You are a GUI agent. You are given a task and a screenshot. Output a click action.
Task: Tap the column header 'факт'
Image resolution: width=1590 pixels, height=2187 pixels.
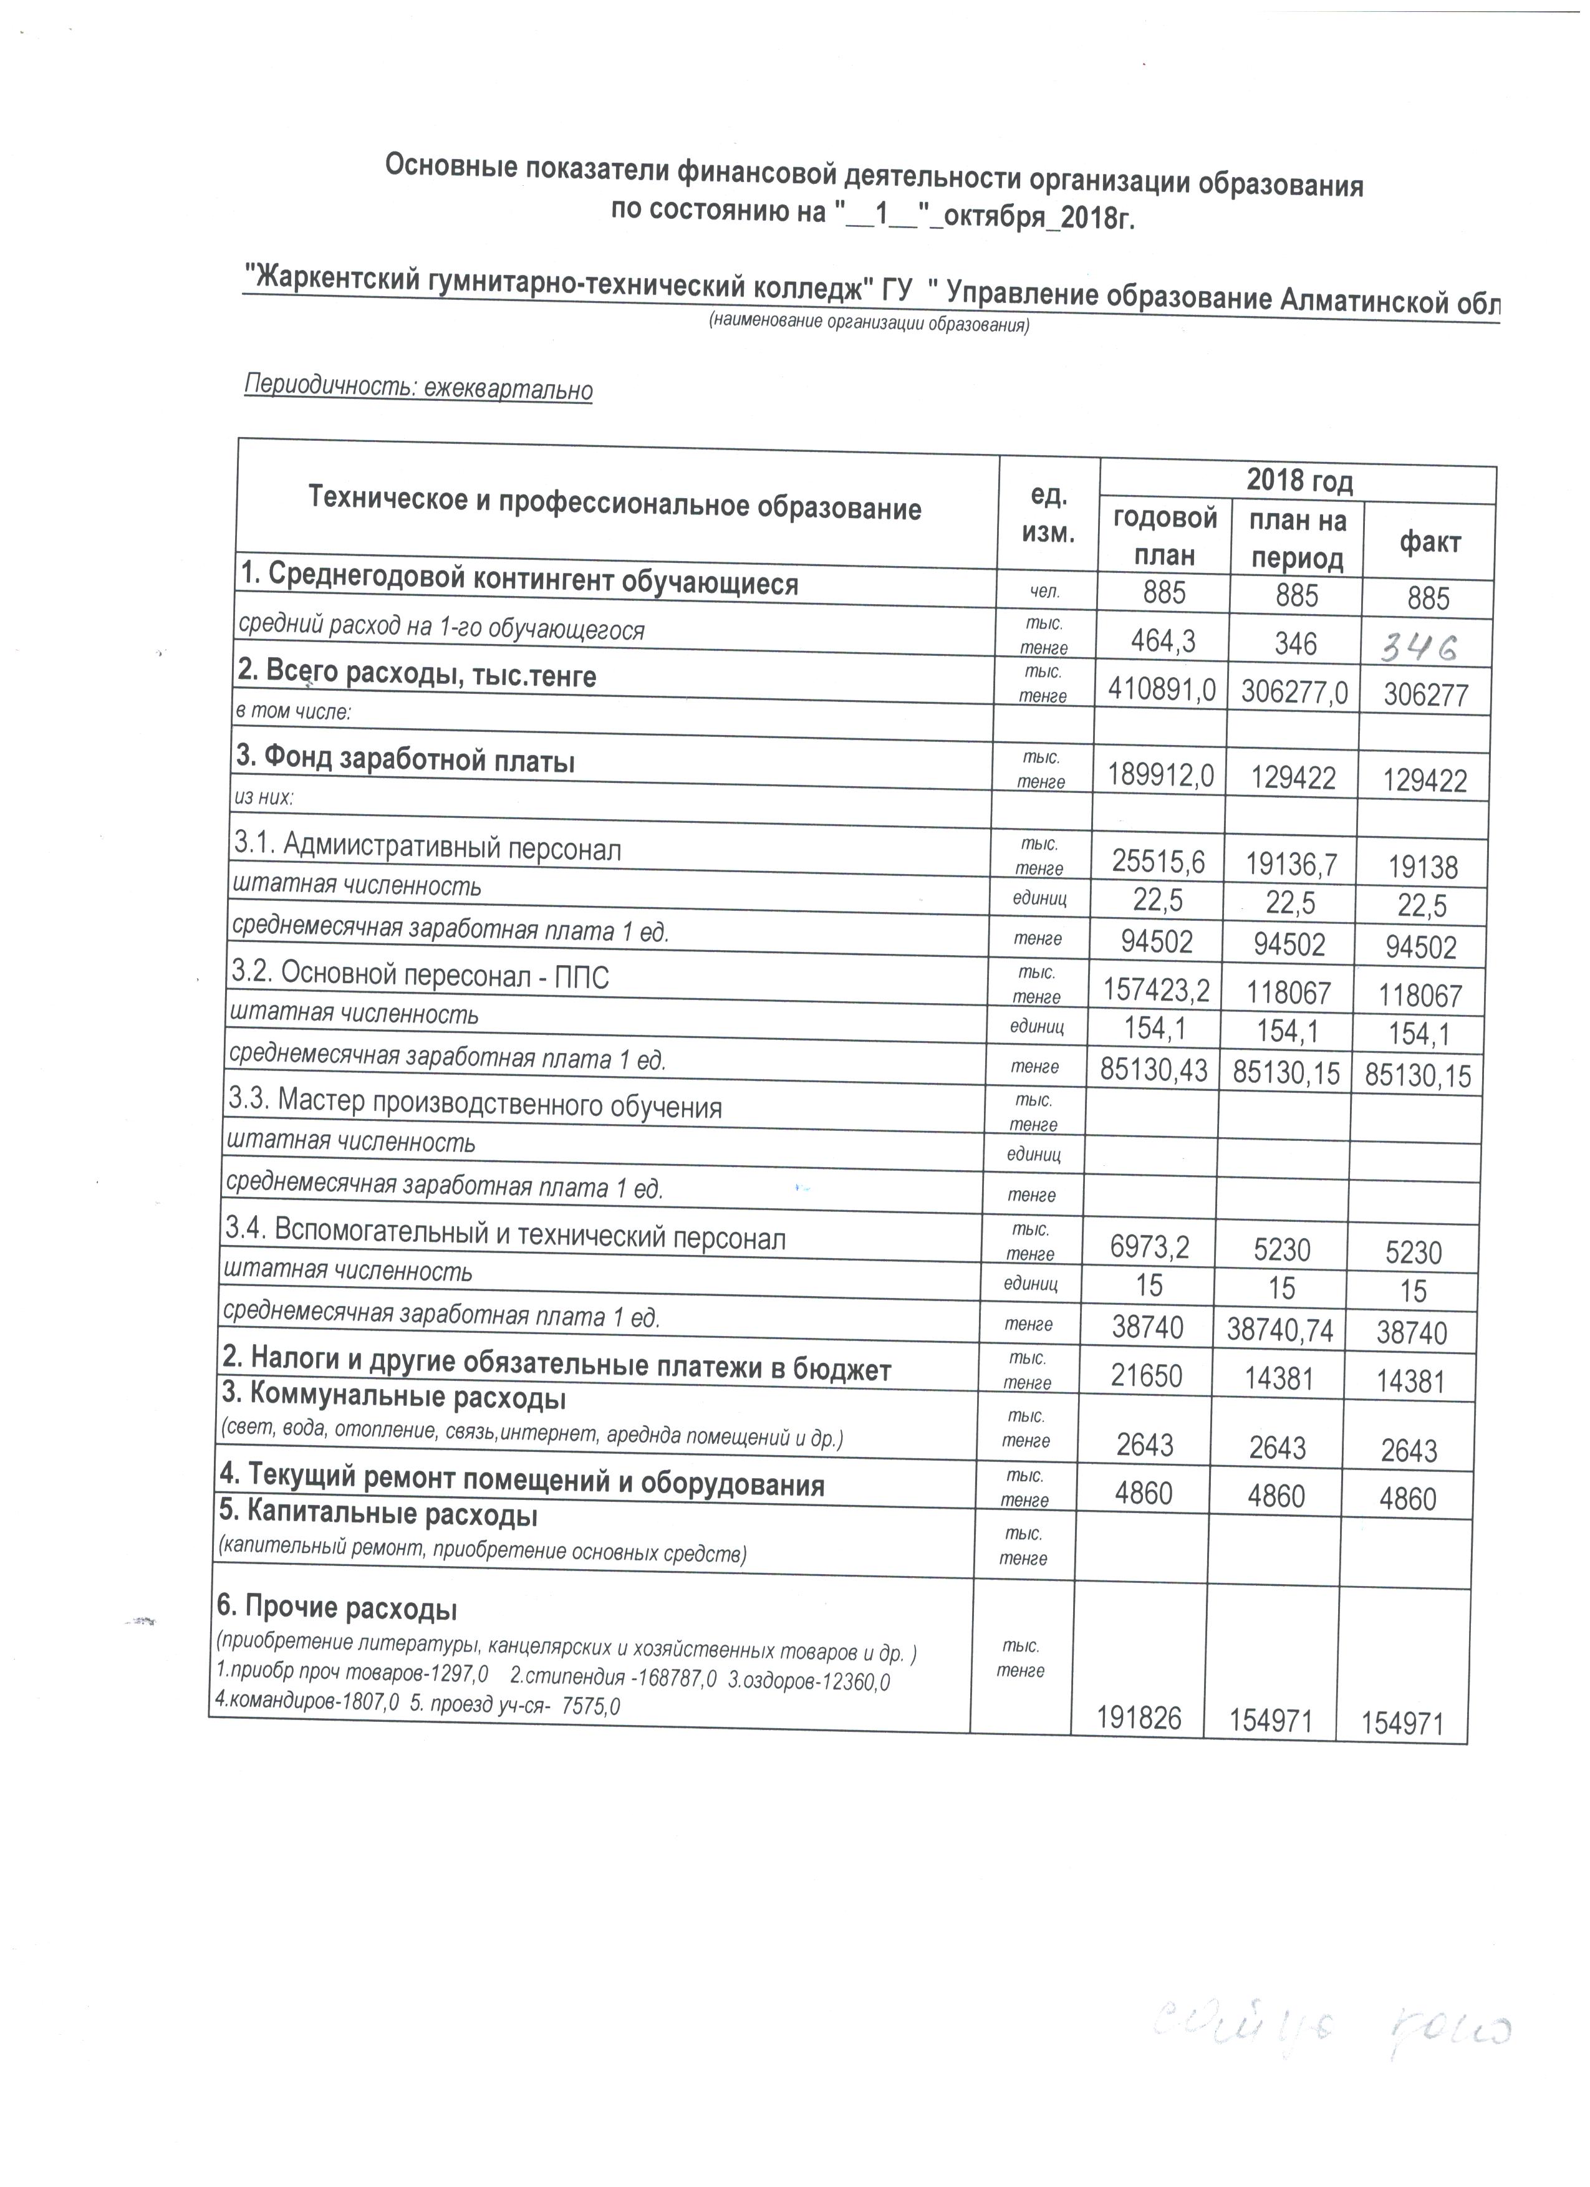point(1429,543)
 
